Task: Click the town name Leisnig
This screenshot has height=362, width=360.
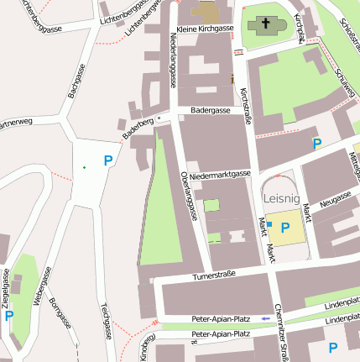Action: click(x=281, y=199)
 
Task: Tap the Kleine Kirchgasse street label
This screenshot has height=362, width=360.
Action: click(x=204, y=29)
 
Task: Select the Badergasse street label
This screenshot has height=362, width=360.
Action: click(x=210, y=110)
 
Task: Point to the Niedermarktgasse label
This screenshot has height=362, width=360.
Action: click(x=220, y=175)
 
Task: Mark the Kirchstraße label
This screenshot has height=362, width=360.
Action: click(x=246, y=106)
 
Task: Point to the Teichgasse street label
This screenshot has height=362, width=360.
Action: click(x=107, y=320)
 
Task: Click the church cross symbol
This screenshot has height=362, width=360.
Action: click(x=267, y=24)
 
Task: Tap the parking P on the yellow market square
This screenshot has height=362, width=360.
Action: click(x=285, y=228)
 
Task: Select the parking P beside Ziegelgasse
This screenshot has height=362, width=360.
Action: click(x=9, y=316)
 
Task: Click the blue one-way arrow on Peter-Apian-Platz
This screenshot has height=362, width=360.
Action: click(x=266, y=319)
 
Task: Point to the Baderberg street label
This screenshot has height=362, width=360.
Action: click(x=138, y=129)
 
